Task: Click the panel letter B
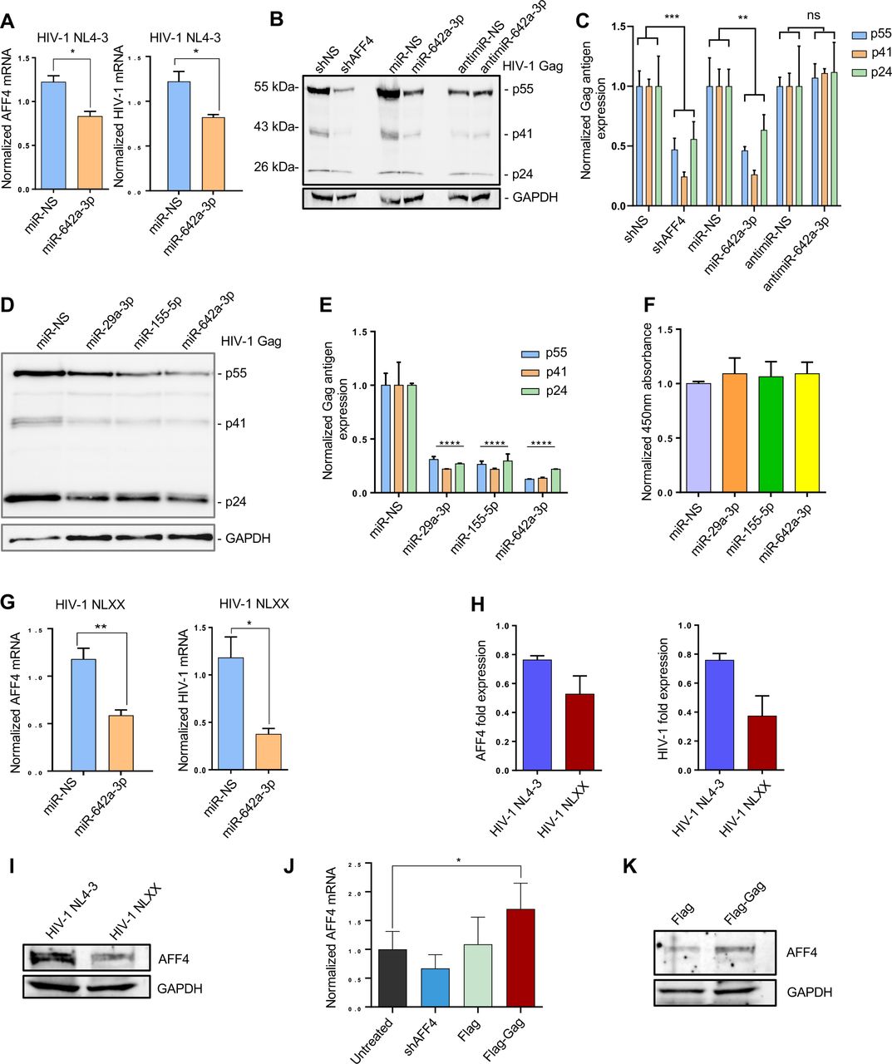tap(278, 17)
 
